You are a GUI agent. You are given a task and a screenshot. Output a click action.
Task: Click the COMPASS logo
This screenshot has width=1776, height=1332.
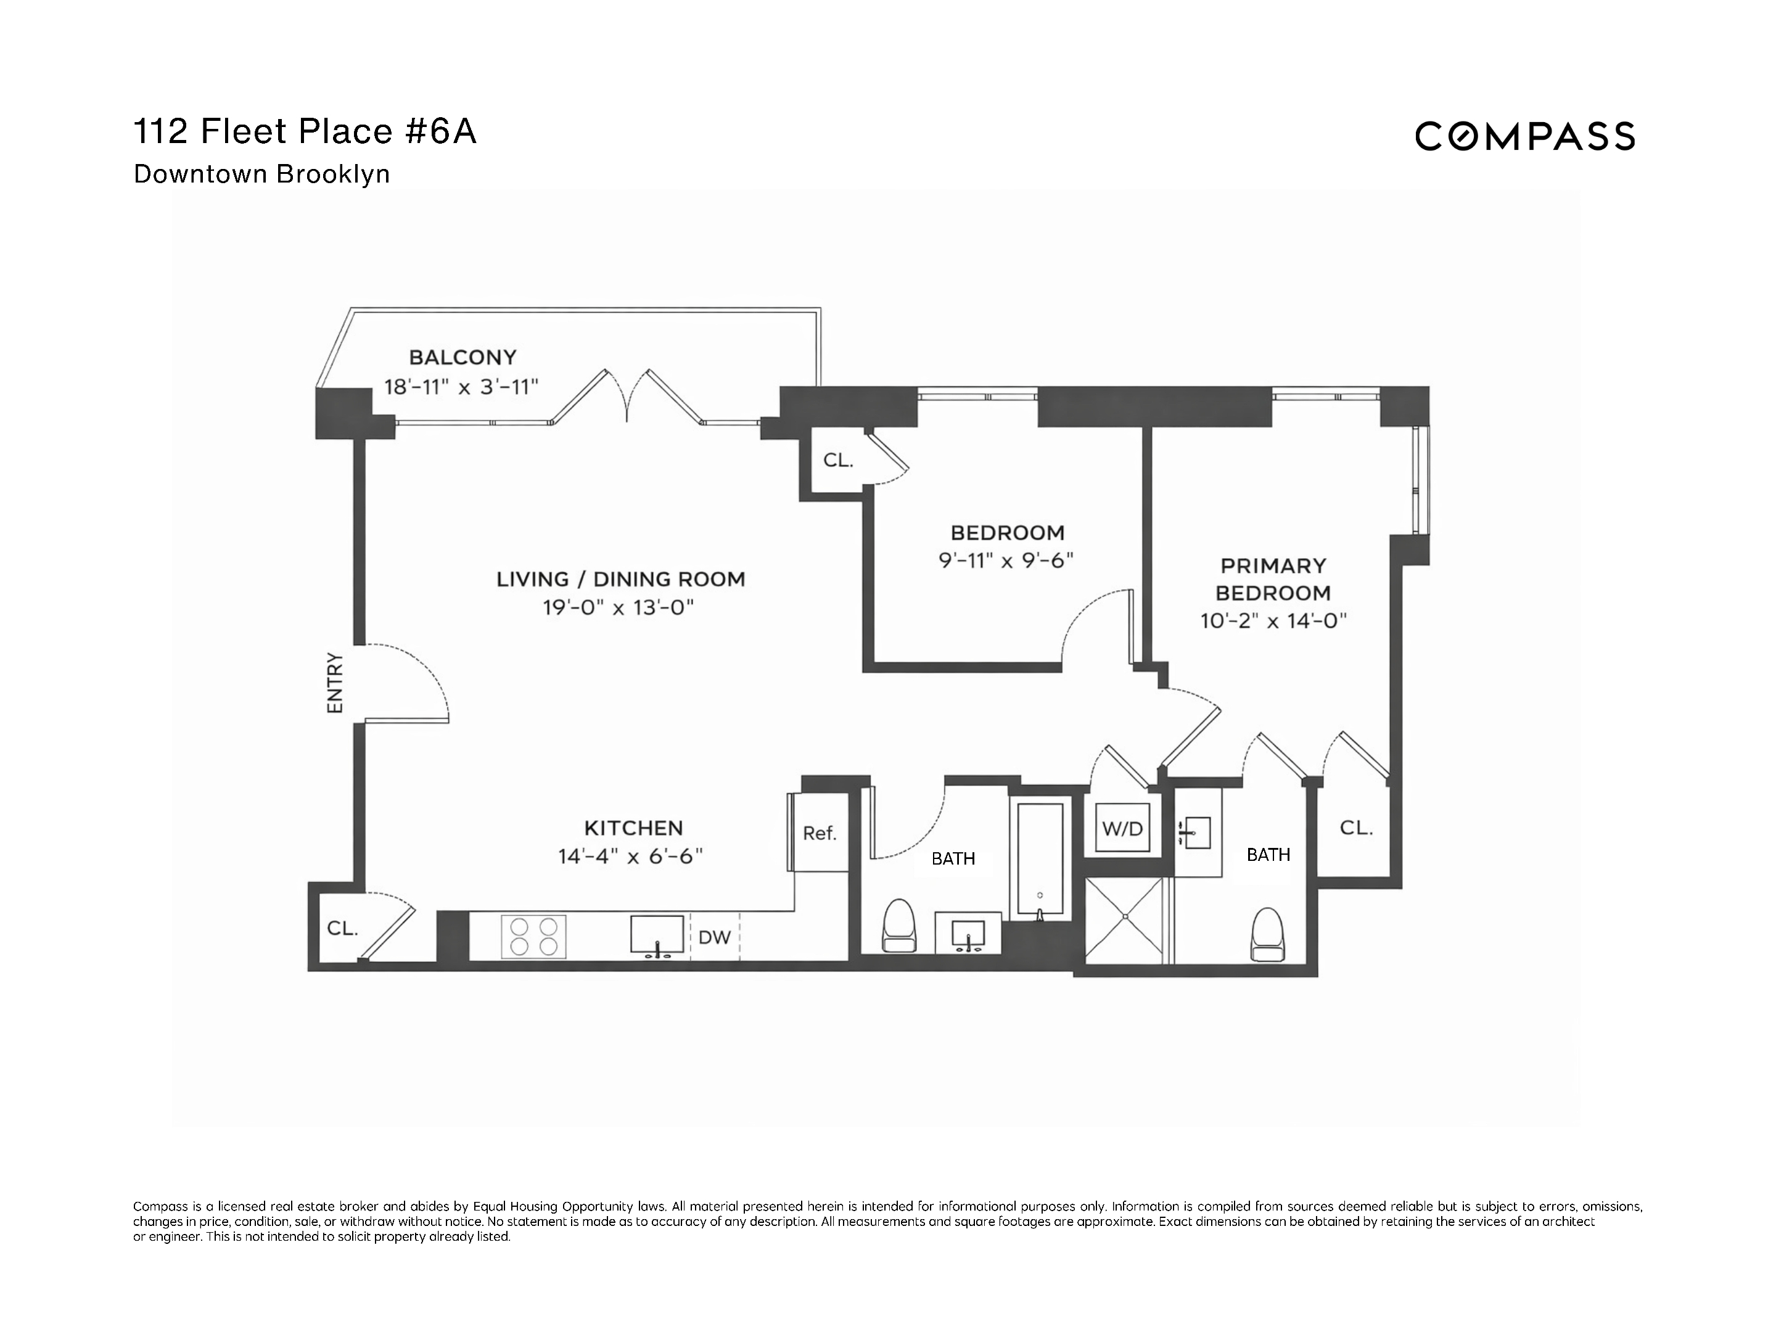pos(1524,136)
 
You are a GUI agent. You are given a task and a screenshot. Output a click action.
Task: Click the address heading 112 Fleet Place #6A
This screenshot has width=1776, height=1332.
pos(305,132)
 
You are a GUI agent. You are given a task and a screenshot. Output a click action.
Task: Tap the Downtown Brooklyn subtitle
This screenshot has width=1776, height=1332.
pos(261,175)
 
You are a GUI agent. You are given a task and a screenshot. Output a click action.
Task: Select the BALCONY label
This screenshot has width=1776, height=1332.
pos(462,356)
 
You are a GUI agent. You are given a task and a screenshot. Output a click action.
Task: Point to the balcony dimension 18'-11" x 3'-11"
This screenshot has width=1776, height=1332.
pos(461,387)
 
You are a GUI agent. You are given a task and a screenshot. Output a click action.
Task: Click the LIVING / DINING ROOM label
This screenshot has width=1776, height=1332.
pos(620,579)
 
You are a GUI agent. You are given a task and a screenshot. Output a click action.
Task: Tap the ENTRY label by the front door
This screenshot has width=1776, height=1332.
pos(335,683)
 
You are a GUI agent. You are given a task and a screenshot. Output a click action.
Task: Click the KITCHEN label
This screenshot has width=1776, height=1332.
pos(633,828)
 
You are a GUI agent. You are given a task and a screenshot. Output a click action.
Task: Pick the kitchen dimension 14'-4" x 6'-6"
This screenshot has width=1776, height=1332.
pos(630,857)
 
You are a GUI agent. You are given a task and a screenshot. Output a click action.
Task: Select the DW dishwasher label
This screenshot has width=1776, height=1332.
pos(715,937)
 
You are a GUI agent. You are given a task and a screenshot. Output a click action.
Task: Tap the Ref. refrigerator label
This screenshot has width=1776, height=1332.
pos(820,833)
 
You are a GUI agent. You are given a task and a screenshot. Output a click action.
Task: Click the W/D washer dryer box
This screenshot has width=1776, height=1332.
pos(1122,828)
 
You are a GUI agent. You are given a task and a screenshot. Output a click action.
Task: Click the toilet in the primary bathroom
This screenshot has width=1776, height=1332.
pos(1268,934)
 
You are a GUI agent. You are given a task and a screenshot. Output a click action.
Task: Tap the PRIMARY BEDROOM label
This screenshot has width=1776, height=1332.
pos(1273,579)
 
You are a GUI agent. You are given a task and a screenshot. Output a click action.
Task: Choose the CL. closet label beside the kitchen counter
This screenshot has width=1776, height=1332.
pos(343,928)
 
